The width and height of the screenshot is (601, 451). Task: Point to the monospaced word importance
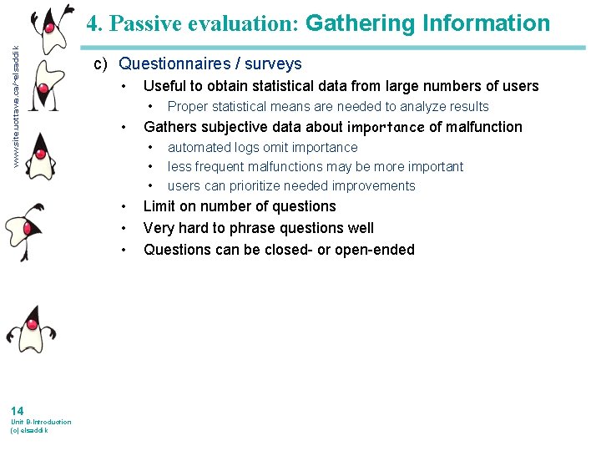point(386,128)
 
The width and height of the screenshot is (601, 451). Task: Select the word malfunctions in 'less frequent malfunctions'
point(287,167)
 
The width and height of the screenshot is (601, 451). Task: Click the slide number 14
point(18,410)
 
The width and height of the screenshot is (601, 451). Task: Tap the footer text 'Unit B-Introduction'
point(41,422)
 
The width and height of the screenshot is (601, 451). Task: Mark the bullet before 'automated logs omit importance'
point(150,148)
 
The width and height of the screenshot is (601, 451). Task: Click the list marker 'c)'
point(100,64)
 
